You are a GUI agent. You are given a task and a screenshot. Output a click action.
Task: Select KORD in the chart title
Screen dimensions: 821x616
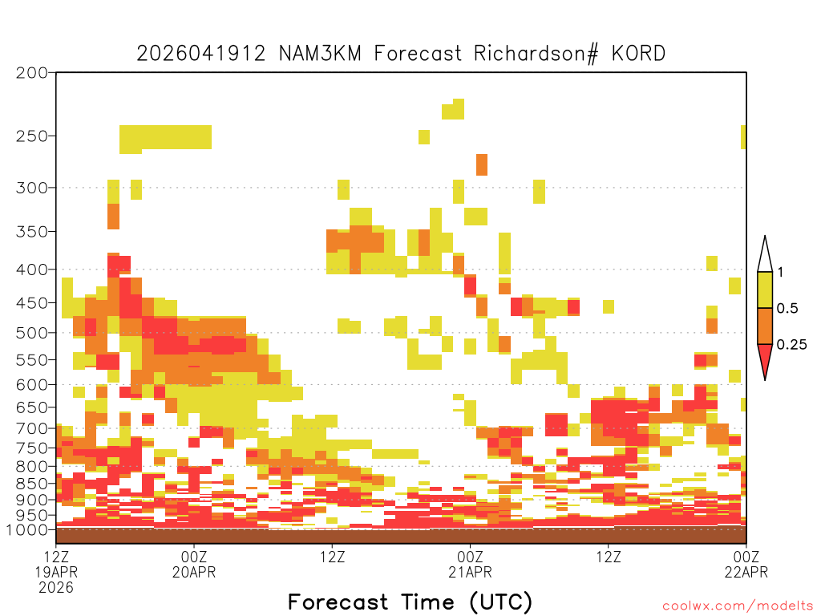(x=639, y=54)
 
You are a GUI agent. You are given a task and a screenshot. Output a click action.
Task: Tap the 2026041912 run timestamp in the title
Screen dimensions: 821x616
(x=201, y=54)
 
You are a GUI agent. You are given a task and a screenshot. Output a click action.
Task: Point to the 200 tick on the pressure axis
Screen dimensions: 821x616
(x=31, y=73)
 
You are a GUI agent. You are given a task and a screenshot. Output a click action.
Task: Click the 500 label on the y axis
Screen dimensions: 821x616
(x=31, y=333)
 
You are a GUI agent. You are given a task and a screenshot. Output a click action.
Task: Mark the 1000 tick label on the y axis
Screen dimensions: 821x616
(x=26, y=530)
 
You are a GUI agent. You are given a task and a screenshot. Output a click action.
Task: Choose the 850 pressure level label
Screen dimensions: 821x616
(x=31, y=484)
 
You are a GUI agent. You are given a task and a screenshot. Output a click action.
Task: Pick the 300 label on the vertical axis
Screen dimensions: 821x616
(x=31, y=188)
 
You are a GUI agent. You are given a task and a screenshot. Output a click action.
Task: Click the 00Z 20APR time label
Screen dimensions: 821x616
(x=194, y=564)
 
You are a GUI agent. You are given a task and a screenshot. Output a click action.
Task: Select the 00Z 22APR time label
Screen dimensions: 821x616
(x=746, y=564)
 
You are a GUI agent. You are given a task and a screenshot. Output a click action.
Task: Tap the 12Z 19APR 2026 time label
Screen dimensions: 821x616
(x=56, y=571)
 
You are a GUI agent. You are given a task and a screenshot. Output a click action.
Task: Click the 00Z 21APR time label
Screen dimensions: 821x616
(x=470, y=564)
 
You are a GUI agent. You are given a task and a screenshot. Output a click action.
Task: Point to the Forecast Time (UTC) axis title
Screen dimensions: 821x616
(x=410, y=602)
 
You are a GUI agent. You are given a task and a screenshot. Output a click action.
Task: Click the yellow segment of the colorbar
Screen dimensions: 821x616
(x=765, y=290)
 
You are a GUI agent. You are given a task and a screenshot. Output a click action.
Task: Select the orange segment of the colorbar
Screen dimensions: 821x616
(x=765, y=326)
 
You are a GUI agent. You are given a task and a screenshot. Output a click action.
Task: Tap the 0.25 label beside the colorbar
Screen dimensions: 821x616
(x=791, y=344)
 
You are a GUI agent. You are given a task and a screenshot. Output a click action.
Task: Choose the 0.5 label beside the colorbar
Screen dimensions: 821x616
(x=787, y=308)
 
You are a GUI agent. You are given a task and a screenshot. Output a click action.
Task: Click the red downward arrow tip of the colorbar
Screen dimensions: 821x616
(x=765, y=379)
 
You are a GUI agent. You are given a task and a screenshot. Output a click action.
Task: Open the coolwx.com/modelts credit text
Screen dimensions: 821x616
(x=738, y=606)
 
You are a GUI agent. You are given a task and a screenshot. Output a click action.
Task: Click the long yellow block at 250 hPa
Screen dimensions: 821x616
(x=165, y=138)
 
